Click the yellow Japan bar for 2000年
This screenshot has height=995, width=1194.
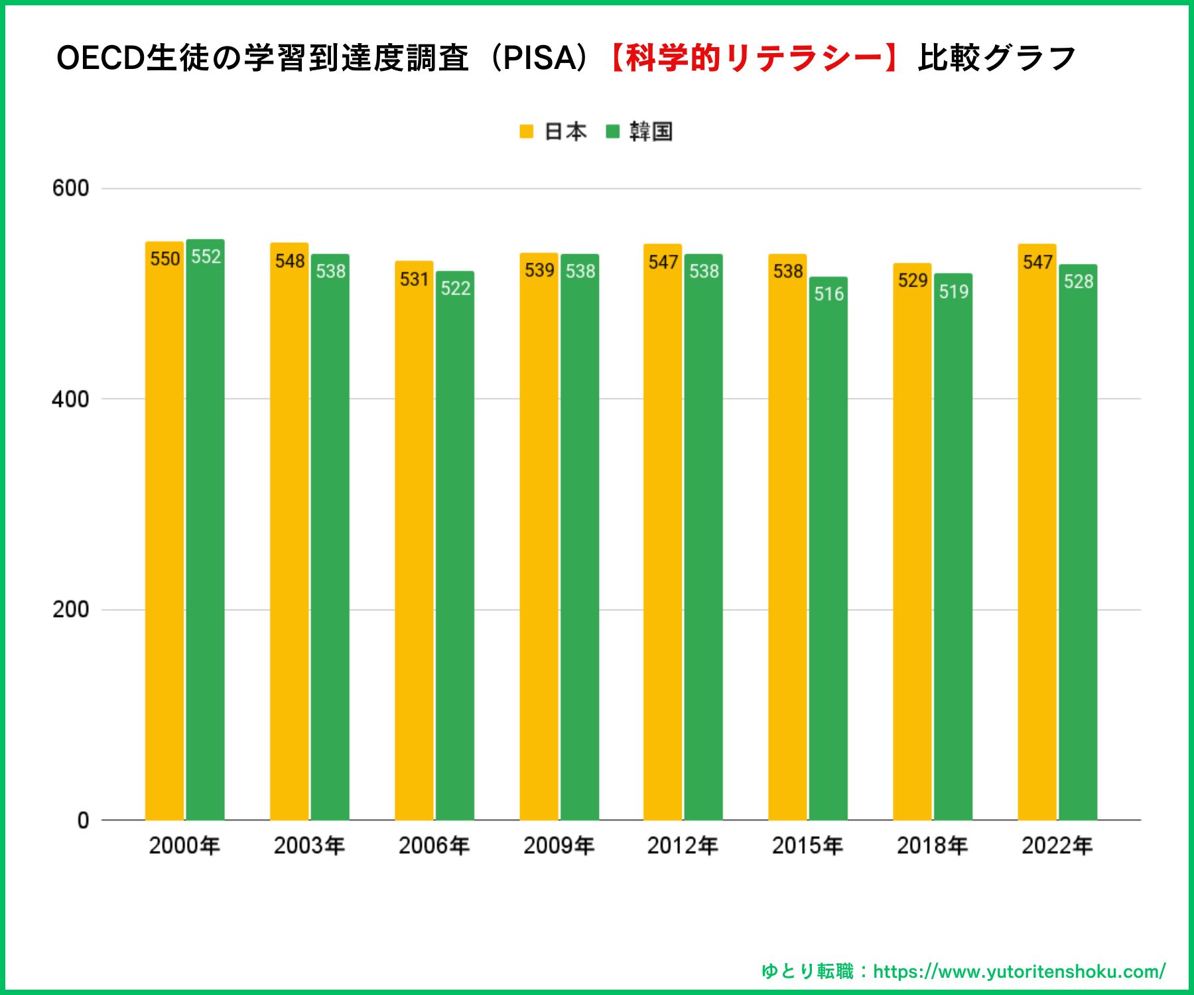point(165,531)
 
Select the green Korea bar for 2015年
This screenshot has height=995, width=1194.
point(828,551)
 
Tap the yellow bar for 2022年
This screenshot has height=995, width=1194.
point(1037,531)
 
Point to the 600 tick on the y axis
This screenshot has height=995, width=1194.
point(70,188)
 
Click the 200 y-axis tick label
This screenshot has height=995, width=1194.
point(70,609)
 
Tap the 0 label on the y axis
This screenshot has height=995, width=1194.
point(83,821)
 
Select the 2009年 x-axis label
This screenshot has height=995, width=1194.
point(559,846)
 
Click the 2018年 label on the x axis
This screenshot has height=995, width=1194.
point(932,846)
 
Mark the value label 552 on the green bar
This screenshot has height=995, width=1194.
point(206,257)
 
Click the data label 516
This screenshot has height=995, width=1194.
point(829,294)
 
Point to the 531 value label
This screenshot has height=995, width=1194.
point(414,279)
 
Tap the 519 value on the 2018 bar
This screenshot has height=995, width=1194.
point(953,291)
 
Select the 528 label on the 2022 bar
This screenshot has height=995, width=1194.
point(1078,281)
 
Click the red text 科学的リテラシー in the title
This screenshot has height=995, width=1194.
point(754,58)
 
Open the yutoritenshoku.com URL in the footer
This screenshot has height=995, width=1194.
point(1019,972)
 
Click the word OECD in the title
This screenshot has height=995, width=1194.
point(100,58)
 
